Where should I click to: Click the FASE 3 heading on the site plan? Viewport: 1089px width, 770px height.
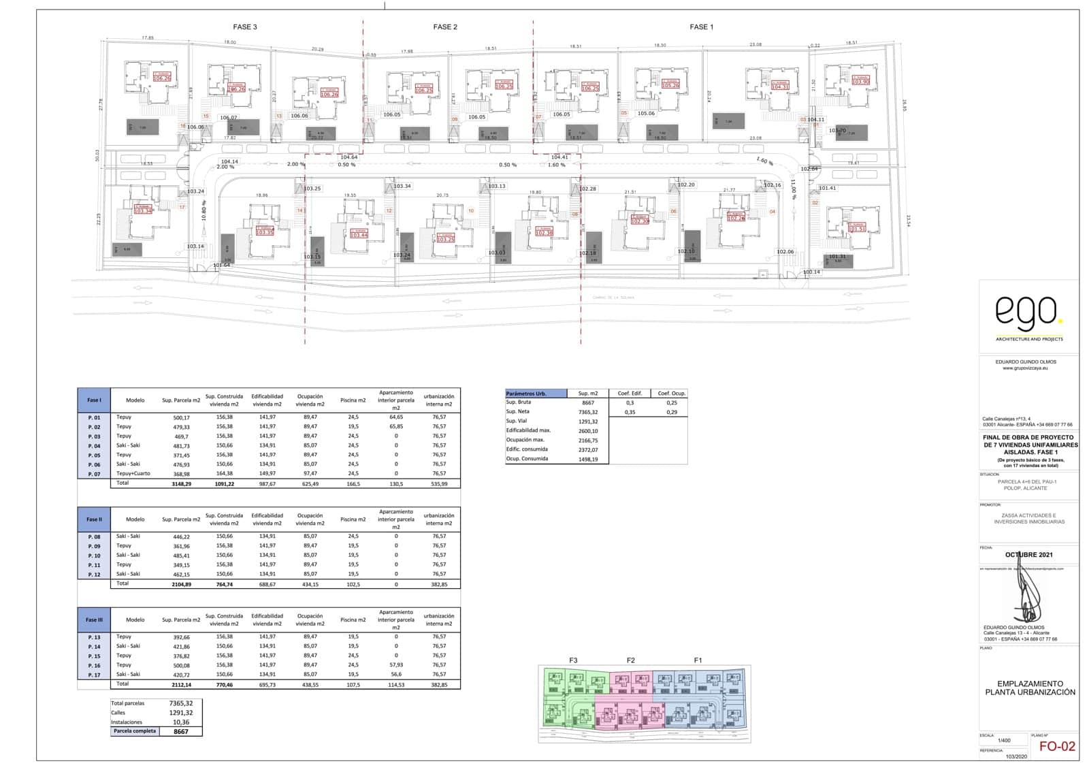click(x=245, y=27)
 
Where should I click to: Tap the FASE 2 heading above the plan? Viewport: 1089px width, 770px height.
click(x=445, y=27)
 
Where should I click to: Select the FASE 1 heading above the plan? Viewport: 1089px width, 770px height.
click(x=702, y=27)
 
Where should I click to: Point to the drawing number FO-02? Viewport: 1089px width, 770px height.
click(x=1058, y=746)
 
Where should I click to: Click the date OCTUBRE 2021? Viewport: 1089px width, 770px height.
click(x=1028, y=555)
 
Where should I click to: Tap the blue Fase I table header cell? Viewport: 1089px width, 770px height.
click(x=94, y=400)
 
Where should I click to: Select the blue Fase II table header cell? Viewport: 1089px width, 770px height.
click(x=94, y=519)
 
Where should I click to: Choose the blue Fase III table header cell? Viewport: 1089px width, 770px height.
click(x=94, y=620)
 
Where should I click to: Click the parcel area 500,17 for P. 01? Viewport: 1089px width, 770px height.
click(x=181, y=417)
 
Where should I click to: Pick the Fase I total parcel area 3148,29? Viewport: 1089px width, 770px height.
click(x=181, y=483)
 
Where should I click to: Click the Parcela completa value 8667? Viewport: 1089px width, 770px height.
click(x=180, y=732)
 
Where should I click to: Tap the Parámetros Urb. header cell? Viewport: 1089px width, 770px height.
click(x=536, y=394)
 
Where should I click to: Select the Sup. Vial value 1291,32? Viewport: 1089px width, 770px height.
click(x=587, y=421)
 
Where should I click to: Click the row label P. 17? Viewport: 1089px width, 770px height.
click(x=94, y=675)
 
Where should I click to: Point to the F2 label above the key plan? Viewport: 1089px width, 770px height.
click(x=631, y=660)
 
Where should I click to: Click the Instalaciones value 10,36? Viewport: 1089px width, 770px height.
click(x=180, y=722)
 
